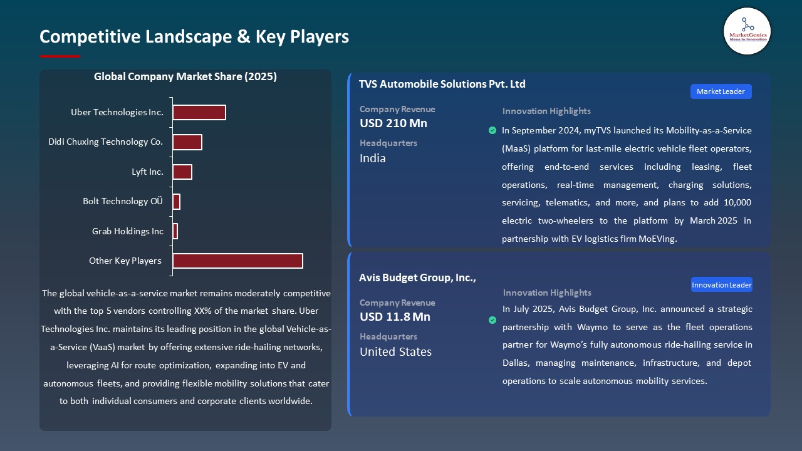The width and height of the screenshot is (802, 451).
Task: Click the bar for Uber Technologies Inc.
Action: [199, 112]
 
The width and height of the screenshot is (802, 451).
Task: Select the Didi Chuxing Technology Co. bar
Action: [187, 142]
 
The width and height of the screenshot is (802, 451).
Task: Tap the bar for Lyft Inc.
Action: [182, 172]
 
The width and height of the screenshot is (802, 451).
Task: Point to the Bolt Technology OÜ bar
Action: [177, 202]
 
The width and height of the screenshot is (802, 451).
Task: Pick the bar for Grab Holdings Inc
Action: [175, 231]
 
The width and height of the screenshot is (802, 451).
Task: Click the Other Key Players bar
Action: [237, 261]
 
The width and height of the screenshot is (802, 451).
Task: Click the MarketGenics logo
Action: [747, 31]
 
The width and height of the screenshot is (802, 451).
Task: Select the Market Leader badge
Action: [721, 91]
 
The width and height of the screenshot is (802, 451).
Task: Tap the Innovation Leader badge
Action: [721, 285]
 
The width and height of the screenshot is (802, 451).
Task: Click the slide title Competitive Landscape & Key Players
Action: [194, 37]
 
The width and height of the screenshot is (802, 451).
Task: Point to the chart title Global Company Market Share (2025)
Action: [185, 76]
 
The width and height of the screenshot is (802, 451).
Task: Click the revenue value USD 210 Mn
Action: [393, 123]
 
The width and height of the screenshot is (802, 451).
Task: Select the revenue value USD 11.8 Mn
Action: [395, 317]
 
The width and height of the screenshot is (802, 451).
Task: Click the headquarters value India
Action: [373, 158]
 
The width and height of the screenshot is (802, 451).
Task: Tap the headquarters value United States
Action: [395, 352]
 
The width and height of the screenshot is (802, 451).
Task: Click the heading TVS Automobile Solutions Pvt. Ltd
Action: [442, 84]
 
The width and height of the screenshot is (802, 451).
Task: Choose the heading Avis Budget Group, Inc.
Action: [417, 277]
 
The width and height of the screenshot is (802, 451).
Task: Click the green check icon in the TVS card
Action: [492, 130]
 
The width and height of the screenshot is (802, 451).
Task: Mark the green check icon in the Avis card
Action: [492, 320]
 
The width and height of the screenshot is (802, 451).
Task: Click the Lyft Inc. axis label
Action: [147, 172]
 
